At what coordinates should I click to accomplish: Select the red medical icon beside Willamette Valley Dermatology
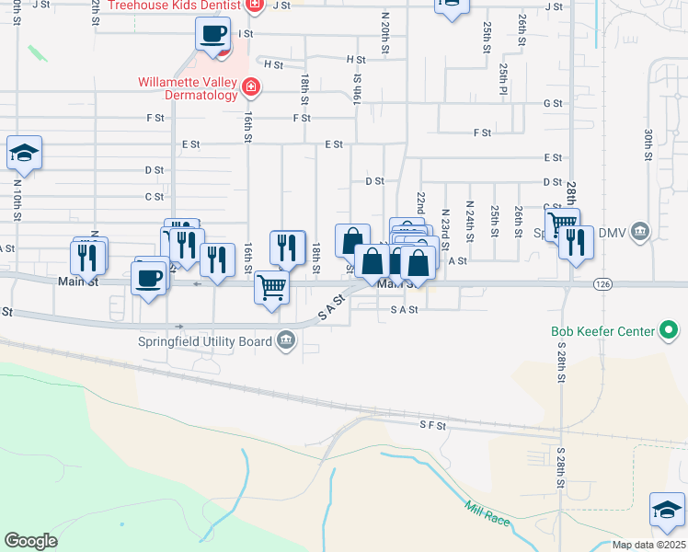pyautogui.click(x=249, y=88)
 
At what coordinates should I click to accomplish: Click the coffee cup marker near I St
pyautogui.click(x=212, y=35)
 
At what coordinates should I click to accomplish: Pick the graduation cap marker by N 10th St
pyautogui.click(x=24, y=153)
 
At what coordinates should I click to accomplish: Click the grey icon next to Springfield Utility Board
pyautogui.click(x=286, y=342)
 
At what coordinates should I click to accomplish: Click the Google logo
pyautogui.click(x=30, y=541)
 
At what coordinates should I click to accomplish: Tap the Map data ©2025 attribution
pyautogui.click(x=648, y=545)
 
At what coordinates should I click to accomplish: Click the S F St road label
pyautogui.click(x=432, y=425)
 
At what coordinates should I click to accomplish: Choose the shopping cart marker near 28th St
pyautogui.click(x=561, y=223)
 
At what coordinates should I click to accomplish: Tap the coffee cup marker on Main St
pyautogui.click(x=149, y=276)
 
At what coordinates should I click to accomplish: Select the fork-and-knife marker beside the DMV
pyautogui.click(x=576, y=243)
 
